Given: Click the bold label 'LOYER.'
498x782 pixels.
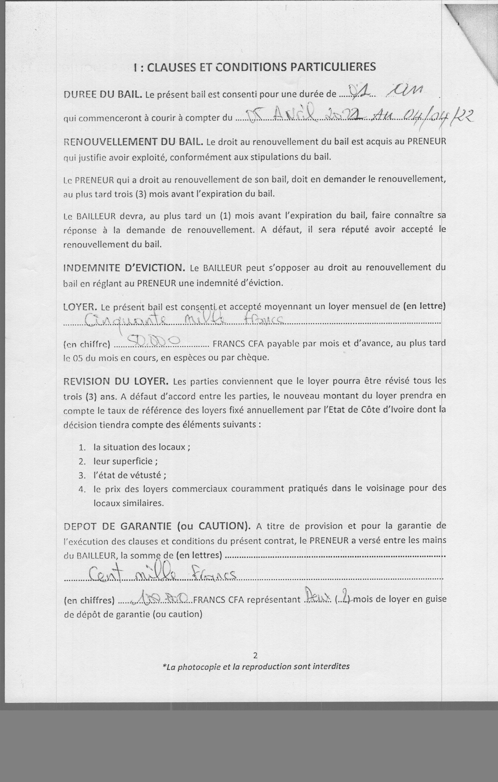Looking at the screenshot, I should click(x=80, y=307).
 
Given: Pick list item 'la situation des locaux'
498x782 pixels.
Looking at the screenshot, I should click(x=141, y=447).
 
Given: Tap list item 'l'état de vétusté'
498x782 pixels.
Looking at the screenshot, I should click(x=129, y=475).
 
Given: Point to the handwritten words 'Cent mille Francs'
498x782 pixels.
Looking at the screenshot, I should click(x=162, y=576).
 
